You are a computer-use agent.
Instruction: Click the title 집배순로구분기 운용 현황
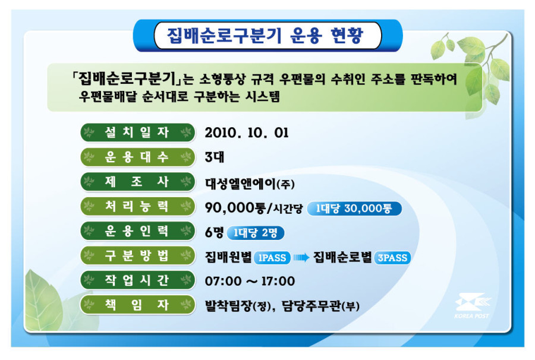265,36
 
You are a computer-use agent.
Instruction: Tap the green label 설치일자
137,132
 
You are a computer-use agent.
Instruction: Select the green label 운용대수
137,157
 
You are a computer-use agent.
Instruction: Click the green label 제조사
137,182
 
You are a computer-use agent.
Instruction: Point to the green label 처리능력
137,206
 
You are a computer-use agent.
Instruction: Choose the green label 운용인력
137,231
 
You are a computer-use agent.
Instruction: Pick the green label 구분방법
137,255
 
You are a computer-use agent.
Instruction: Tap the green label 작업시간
137,280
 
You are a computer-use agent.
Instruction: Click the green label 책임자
137,304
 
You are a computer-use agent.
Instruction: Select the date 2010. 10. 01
247,132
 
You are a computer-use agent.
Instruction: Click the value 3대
215,157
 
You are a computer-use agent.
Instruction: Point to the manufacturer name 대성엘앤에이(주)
250,184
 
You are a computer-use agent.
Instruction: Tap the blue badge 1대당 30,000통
354,209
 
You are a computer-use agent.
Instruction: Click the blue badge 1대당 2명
255,233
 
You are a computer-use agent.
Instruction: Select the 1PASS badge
272,258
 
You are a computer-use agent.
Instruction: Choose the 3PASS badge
392,258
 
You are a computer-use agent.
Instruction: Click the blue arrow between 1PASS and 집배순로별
301,257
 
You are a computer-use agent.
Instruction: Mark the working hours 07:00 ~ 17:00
250,281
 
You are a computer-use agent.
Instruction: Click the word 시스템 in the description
262,96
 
